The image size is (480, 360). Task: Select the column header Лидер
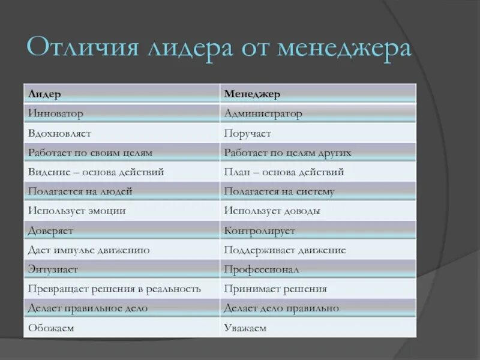[44, 94]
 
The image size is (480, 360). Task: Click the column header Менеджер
[252, 94]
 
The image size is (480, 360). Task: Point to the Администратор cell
[263, 113]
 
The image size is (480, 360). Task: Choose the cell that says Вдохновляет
[59, 133]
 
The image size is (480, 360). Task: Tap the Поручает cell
[247, 133]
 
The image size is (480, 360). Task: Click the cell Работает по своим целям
[90, 153]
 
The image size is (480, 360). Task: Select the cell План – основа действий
[284, 172]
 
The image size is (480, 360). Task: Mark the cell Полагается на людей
[80, 192]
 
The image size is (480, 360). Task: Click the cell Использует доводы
[272, 211]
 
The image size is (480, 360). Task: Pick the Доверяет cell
[50, 230]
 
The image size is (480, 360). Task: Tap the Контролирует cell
[259, 230]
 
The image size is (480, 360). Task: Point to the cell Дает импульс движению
[89, 250]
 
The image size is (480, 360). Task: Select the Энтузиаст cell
[53, 269]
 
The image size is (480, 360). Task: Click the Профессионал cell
[261, 269]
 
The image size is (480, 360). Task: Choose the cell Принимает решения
[275, 289]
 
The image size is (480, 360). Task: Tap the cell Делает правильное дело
[88, 308]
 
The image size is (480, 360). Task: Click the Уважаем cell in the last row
[245, 328]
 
